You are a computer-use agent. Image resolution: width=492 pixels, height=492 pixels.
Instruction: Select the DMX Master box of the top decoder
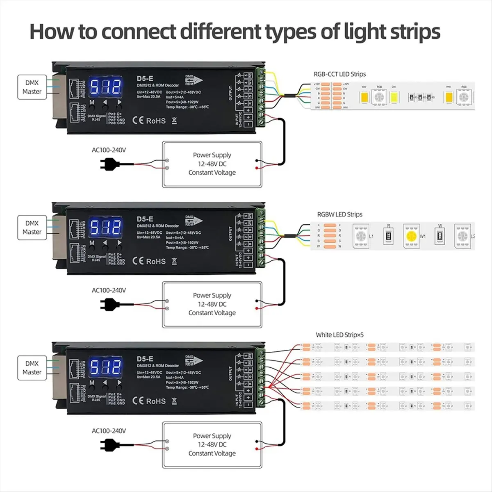coord(32,87)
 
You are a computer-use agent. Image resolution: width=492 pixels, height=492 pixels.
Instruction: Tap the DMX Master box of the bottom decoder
coord(32,368)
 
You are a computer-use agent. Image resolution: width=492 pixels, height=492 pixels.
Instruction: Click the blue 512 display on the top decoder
coord(106,87)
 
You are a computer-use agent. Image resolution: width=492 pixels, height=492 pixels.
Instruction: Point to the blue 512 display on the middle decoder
coord(106,227)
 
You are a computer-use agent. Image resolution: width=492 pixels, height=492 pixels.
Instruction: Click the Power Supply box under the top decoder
coord(212,164)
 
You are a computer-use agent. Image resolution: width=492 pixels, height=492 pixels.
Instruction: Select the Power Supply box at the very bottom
coord(212,444)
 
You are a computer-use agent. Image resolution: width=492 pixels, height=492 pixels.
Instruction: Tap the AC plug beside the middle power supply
coord(109,304)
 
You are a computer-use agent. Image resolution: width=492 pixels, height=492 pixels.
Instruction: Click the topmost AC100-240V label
coord(109,150)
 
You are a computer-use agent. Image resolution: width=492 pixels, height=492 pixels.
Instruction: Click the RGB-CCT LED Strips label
coord(339,74)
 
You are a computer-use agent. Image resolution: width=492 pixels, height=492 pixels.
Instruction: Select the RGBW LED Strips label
coord(339,214)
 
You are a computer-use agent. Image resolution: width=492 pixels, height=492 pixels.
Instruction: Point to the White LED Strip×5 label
coord(339,335)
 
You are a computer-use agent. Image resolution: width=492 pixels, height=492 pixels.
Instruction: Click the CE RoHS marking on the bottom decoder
coord(149,401)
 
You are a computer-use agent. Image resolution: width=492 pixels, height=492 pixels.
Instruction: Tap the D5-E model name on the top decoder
coord(145,78)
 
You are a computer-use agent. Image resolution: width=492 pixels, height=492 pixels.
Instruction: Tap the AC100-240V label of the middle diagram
coord(109,290)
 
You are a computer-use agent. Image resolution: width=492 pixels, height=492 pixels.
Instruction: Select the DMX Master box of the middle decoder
coord(32,228)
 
